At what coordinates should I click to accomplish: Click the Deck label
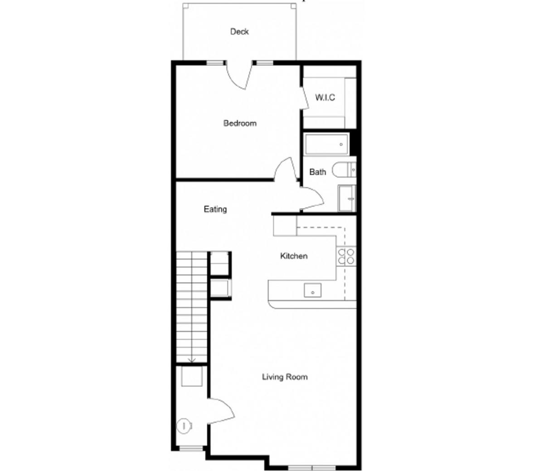[239, 32]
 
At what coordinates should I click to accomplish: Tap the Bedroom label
[240, 124]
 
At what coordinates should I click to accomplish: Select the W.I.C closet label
[325, 98]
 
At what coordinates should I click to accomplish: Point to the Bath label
[317, 172]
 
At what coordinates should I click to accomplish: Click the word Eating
[215, 209]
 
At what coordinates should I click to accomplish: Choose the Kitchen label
[294, 256]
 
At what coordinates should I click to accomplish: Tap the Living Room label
[285, 377]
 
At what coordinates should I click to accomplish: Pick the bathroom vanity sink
[348, 198]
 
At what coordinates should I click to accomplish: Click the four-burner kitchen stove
[346, 257]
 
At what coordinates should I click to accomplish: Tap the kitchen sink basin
[312, 290]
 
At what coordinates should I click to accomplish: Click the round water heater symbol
[184, 426]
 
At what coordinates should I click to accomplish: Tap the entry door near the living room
[221, 412]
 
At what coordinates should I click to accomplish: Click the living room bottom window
[311, 467]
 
